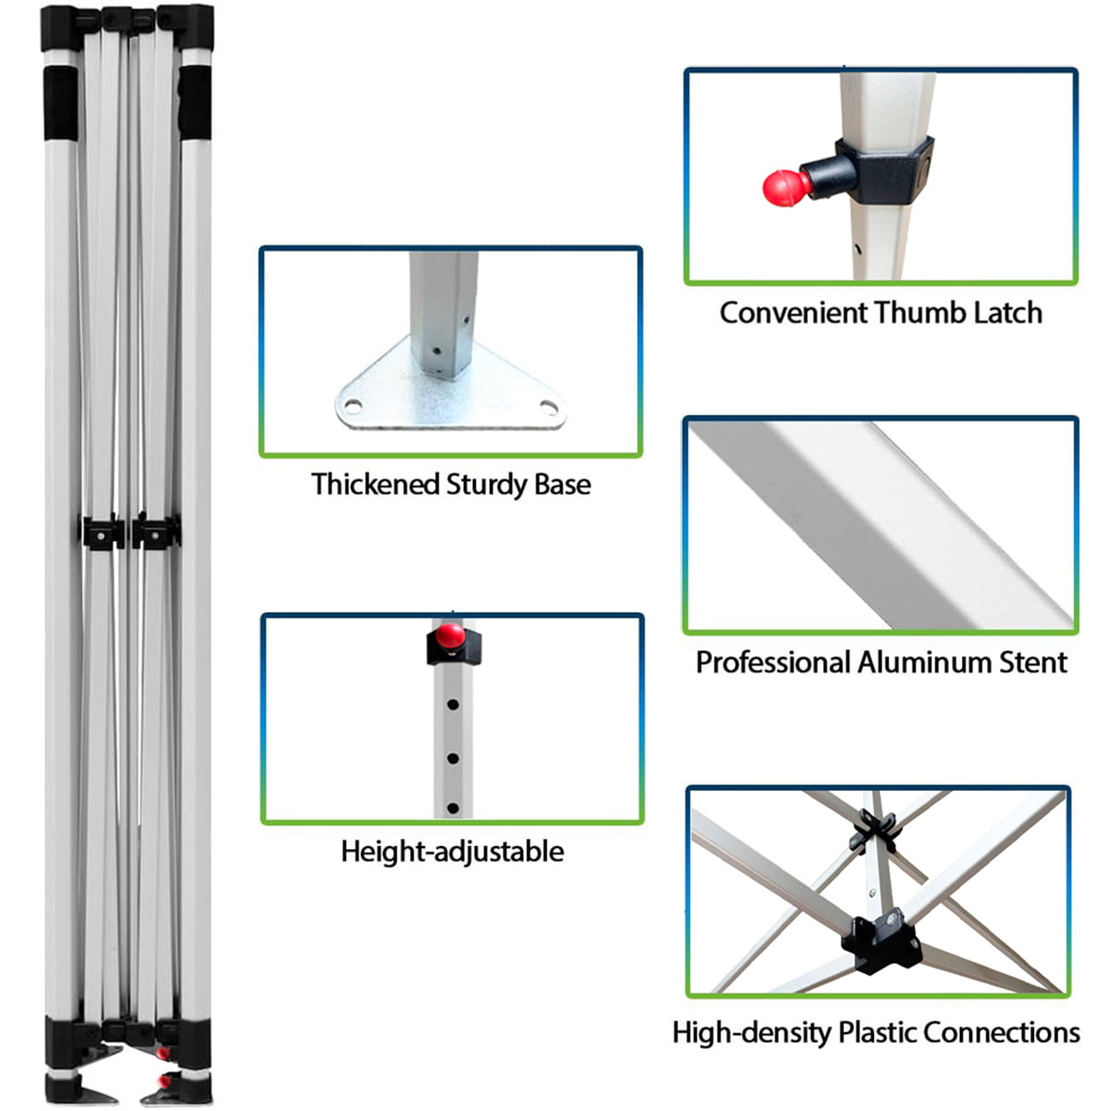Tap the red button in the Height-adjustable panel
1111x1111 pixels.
(x=450, y=634)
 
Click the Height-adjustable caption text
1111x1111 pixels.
(x=453, y=852)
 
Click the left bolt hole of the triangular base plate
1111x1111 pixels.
(x=353, y=406)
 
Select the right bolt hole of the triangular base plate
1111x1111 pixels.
(x=548, y=407)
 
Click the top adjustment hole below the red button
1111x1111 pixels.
(x=453, y=705)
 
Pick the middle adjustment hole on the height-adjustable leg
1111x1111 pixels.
(x=453, y=759)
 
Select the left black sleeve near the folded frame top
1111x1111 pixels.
(x=60, y=103)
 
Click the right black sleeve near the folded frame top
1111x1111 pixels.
(x=194, y=103)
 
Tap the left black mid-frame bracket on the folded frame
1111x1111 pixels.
(x=102, y=532)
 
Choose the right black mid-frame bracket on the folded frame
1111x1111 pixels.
(x=156, y=531)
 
